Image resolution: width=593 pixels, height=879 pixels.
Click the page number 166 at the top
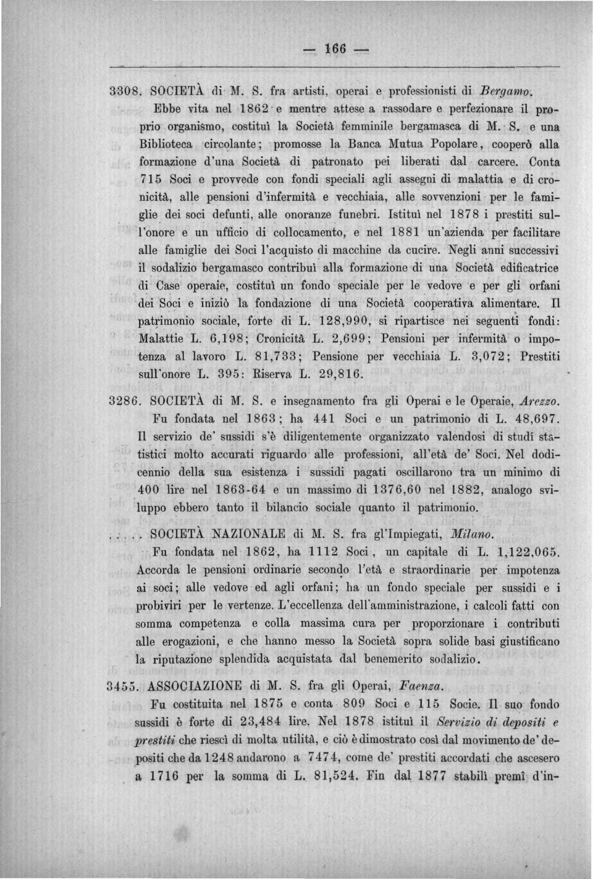click(335, 49)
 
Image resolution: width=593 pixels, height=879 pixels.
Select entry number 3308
click(126, 91)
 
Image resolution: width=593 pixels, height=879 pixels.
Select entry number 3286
click(126, 402)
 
